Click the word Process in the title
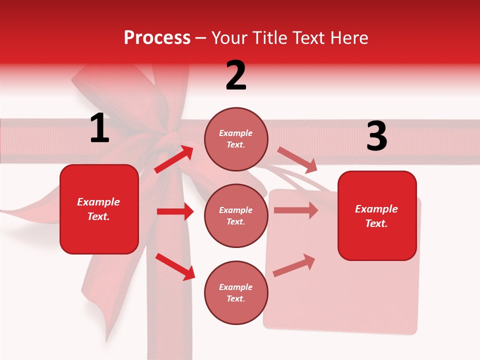pyautogui.click(x=157, y=38)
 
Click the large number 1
pyautogui.click(x=99, y=128)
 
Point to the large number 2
pyautogui.click(x=236, y=75)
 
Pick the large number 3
pyautogui.click(x=376, y=136)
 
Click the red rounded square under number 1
pyautogui.click(x=99, y=209)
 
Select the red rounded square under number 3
pyautogui.click(x=377, y=215)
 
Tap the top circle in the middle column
pyautogui.click(x=236, y=138)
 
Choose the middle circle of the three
pyautogui.click(x=236, y=215)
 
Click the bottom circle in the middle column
pyautogui.click(x=236, y=292)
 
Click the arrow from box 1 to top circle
pyautogui.click(x=174, y=159)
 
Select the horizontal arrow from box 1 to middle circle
pyautogui.click(x=175, y=211)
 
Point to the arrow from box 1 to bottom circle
pyautogui.click(x=175, y=266)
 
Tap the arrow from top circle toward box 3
pyautogui.click(x=297, y=159)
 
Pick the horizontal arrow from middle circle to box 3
pyautogui.click(x=296, y=210)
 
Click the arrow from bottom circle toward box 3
pyautogui.click(x=294, y=265)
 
